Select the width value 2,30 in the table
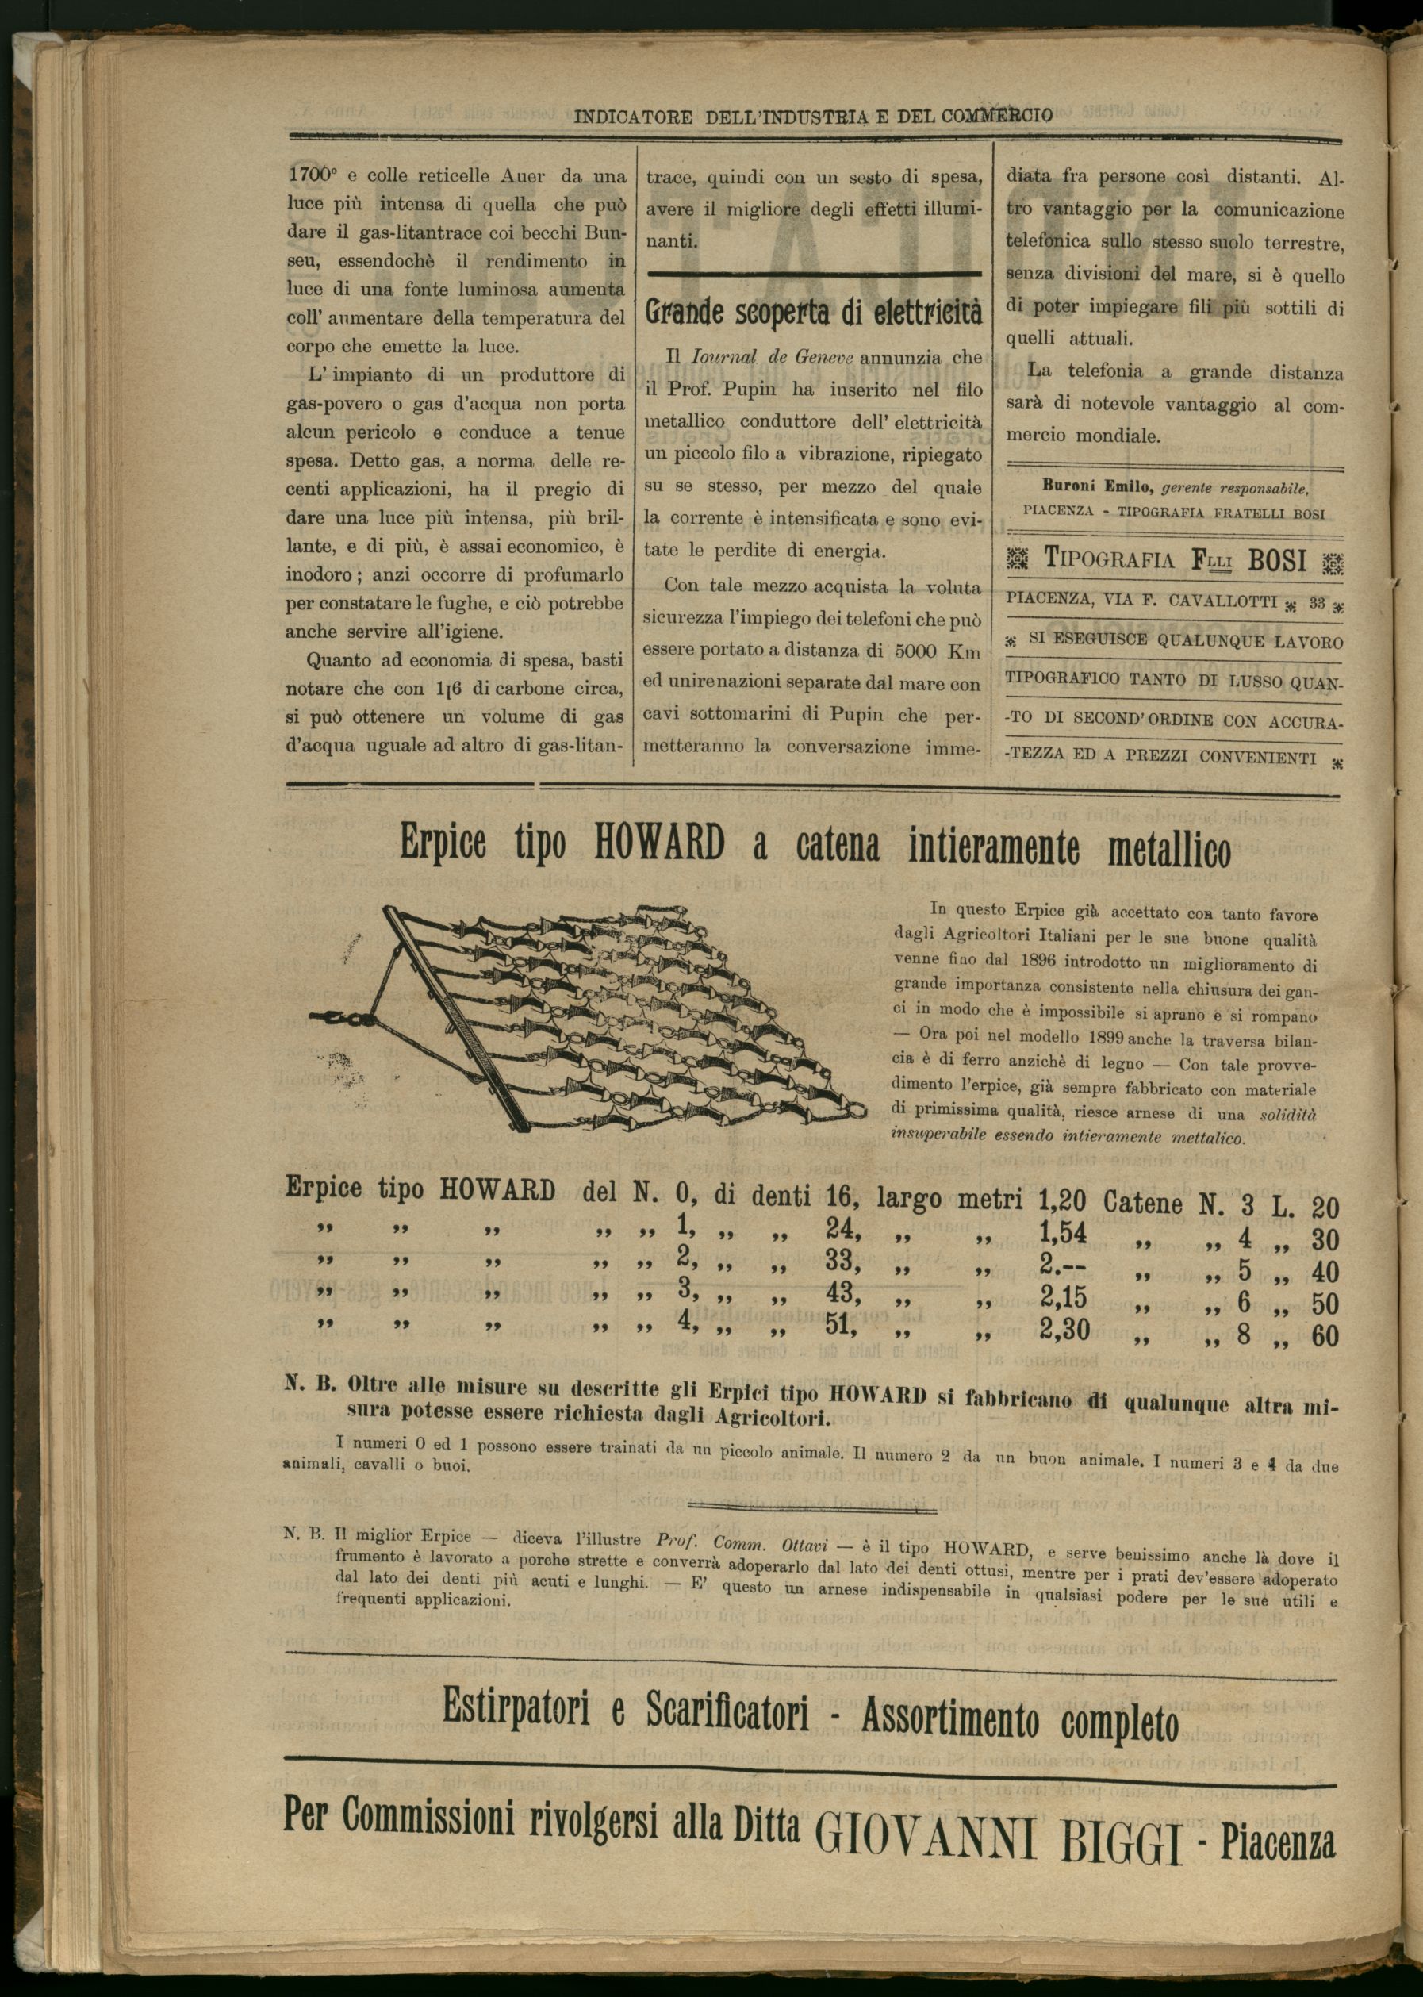[x=1064, y=1331]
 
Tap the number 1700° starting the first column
[x=313, y=175]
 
